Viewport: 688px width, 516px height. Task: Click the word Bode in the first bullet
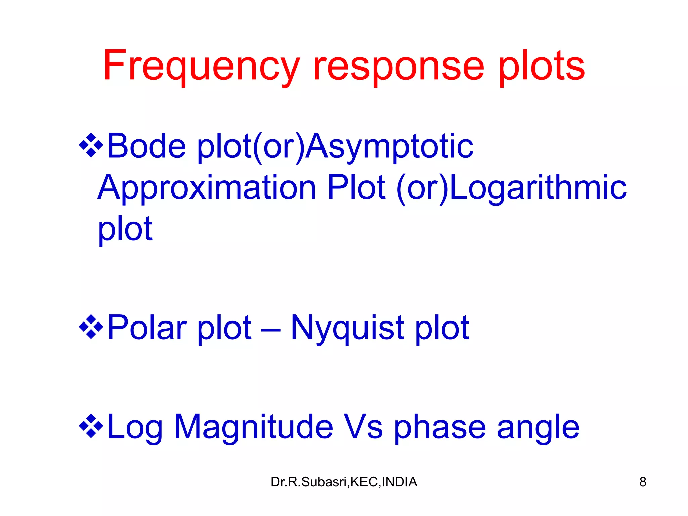pos(146,146)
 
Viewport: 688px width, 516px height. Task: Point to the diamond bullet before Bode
pos(91,145)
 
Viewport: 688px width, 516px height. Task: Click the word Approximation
pos(207,188)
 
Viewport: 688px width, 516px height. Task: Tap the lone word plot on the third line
pos(125,229)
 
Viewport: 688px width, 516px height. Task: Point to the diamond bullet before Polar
pos(91,327)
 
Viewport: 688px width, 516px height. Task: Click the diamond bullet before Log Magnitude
pos(91,426)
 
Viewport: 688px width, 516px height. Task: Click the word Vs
pos(363,427)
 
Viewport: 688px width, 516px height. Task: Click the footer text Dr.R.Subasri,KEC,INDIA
pos(344,482)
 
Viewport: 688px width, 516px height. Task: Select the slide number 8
pos(643,482)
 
